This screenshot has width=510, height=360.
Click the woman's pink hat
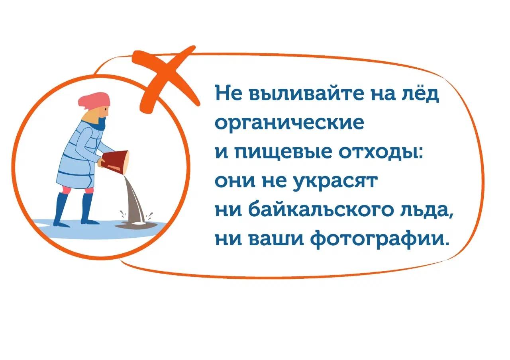point(94,100)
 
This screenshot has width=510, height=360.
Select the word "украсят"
point(335,181)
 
